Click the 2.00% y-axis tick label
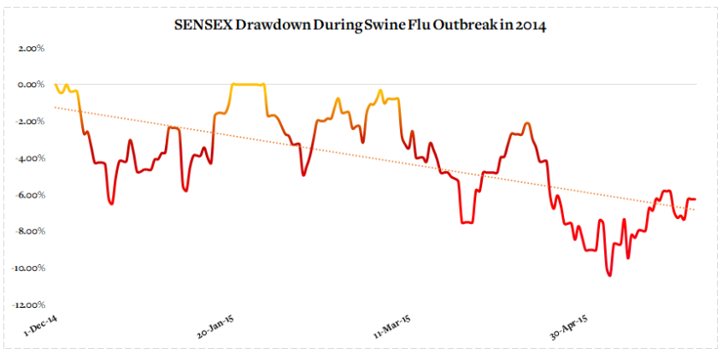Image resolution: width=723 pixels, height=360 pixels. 30,49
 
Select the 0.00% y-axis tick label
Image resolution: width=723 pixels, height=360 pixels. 30,86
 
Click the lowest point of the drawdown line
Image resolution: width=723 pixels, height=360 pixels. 609,274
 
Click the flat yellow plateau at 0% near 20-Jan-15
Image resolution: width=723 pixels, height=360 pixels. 248,85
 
